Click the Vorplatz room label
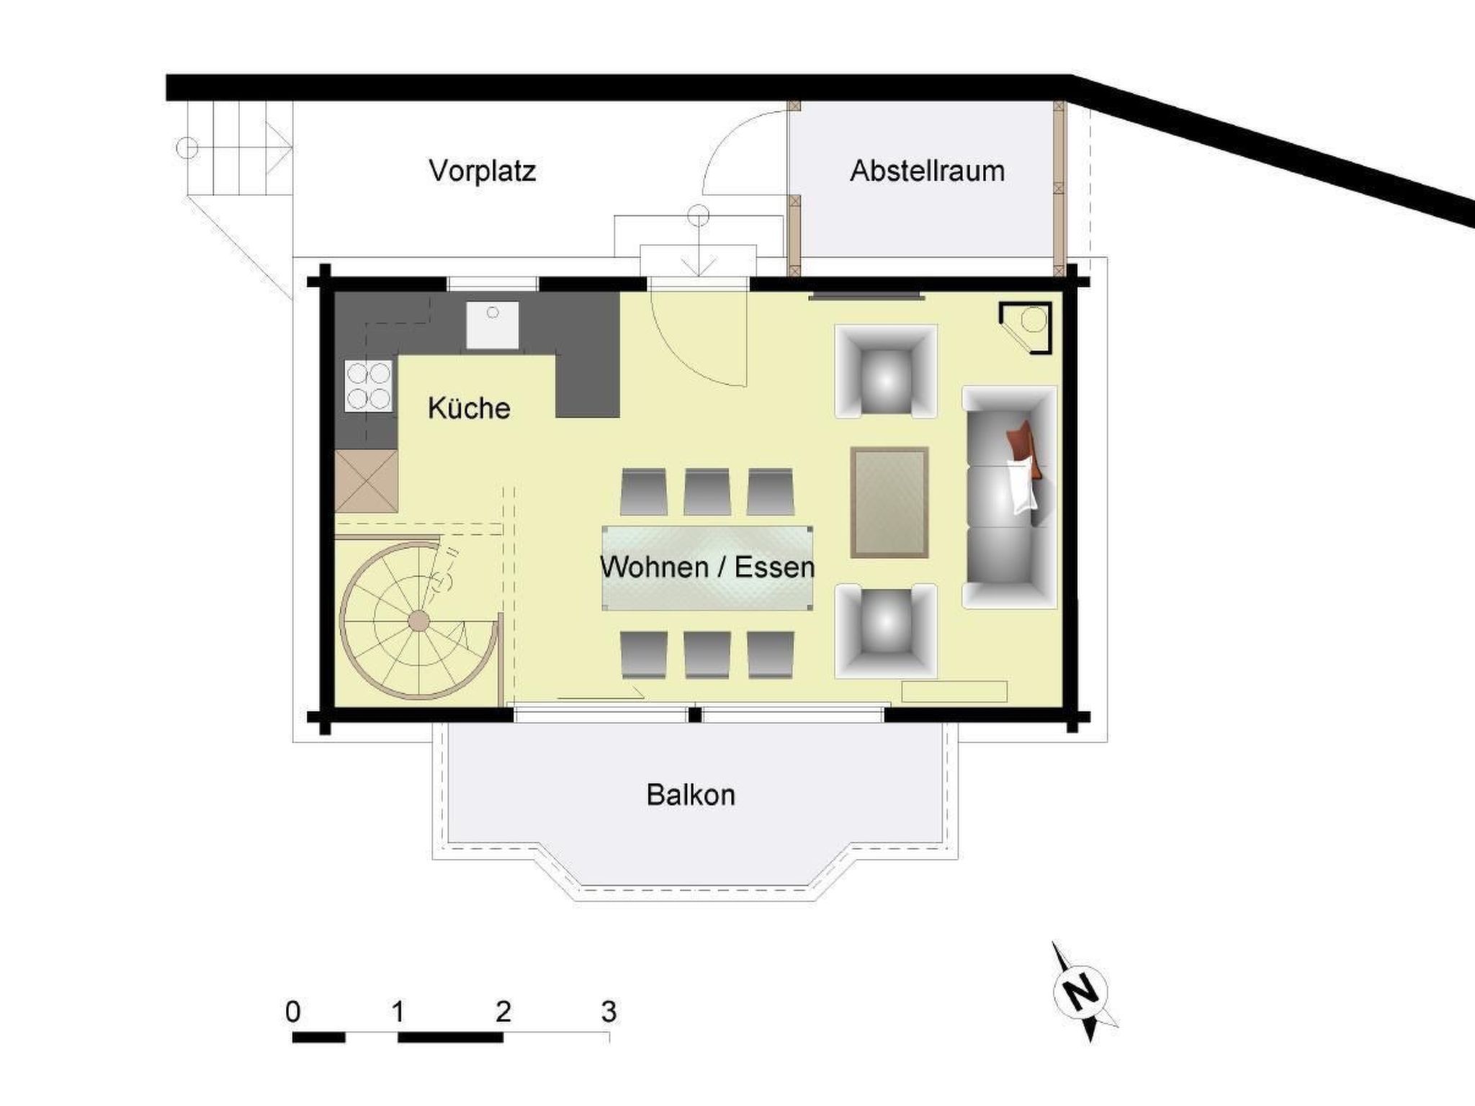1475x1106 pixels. pyautogui.click(x=482, y=171)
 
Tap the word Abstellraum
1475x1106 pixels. pyautogui.click(x=928, y=171)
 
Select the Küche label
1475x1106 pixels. pyautogui.click(x=469, y=408)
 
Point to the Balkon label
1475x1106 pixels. pyautogui.click(x=691, y=795)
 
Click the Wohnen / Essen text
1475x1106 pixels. pyautogui.click(x=707, y=567)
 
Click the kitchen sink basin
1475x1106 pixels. pyautogui.click(x=492, y=325)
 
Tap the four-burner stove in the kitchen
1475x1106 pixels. pyautogui.click(x=368, y=386)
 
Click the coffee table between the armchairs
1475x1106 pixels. pyautogui.click(x=889, y=503)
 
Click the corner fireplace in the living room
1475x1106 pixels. pyautogui.click(x=1026, y=328)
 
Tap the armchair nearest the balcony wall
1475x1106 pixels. pyautogui.click(x=886, y=631)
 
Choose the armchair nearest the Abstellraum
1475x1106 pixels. pyautogui.click(x=886, y=371)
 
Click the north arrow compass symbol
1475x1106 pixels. pyautogui.click(x=1080, y=992)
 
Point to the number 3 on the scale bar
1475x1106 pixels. pyautogui.click(x=609, y=1012)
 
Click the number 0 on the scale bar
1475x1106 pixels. pyautogui.click(x=292, y=1012)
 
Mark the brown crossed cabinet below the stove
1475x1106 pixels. pyautogui.click(x=367, y=481)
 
